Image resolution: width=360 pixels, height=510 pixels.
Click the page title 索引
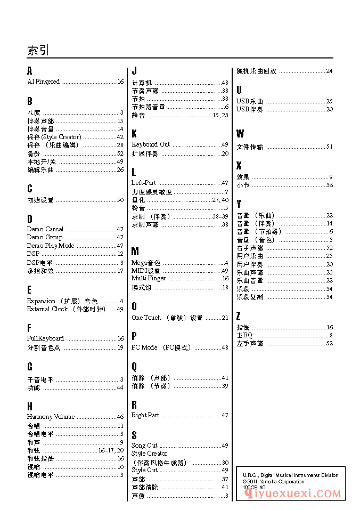point(37,51)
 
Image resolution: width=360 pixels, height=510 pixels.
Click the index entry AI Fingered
point(44,82)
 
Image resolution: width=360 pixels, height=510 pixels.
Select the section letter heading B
point(30,101)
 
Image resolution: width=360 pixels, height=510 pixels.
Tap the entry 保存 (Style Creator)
point(54,137)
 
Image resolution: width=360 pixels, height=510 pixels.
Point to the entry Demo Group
point(45,237)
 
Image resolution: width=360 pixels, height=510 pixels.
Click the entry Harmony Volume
point(51,417)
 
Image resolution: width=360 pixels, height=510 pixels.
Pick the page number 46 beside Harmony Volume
point(120,417)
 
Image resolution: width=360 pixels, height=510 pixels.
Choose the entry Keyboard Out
point(151,144)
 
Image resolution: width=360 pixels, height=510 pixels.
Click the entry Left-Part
point(144,183)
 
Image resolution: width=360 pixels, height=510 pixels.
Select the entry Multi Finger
point(149,278)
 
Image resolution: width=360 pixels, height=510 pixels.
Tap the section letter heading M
point(135,252)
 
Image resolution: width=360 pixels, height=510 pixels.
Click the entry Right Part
point(145,415)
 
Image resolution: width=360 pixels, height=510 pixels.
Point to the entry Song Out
point(145,446)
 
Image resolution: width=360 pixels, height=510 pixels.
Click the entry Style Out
point(145,470)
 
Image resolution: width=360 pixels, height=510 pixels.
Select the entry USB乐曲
point(250,101)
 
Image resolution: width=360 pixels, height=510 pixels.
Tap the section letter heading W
point(240,134)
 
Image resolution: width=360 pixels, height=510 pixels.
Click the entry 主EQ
point(244,335)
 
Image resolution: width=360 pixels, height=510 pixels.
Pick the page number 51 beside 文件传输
point(329,147)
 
